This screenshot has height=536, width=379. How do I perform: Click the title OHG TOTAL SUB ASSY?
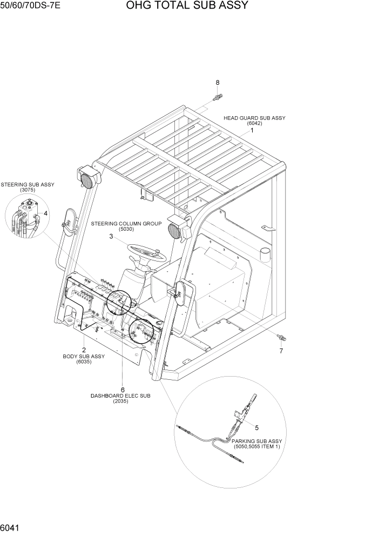tap(187, 6)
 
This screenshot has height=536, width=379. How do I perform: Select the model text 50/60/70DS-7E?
tap(31, 6)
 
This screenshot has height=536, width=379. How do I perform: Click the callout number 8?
tap(218, 83)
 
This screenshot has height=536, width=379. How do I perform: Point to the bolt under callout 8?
tap(218, 97)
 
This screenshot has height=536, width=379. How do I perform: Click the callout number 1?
tap(252, 130)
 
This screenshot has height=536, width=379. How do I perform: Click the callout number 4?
tap(46, 213)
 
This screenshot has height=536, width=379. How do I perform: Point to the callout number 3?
tap(111, 236)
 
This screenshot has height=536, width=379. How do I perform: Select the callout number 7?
tap(281, 351)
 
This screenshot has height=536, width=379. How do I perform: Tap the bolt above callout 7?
tap(281, 338)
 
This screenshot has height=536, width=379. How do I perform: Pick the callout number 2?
tap(84, 350)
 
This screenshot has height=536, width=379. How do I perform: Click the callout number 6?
tap(123, 390)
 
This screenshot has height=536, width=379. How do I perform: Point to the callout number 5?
tap(256, 427)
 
